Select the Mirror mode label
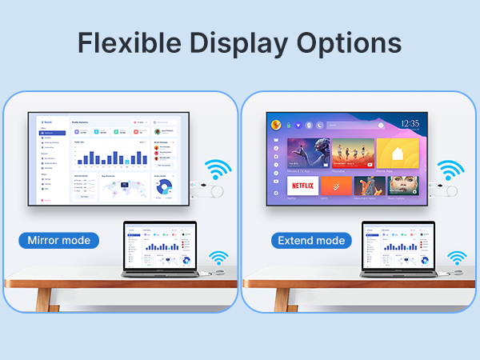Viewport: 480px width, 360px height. coord(59,240)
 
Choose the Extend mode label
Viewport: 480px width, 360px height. coord(310,240)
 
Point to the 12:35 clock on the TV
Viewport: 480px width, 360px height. coord(410,124)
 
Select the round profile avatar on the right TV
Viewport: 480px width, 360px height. coord(274,124)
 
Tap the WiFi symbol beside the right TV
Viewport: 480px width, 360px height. coord(450,170)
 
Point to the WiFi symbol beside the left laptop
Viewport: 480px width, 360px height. coord(218,258)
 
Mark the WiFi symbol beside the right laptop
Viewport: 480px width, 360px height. coord(457,258)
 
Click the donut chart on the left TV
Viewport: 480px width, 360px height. coord(164,186)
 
